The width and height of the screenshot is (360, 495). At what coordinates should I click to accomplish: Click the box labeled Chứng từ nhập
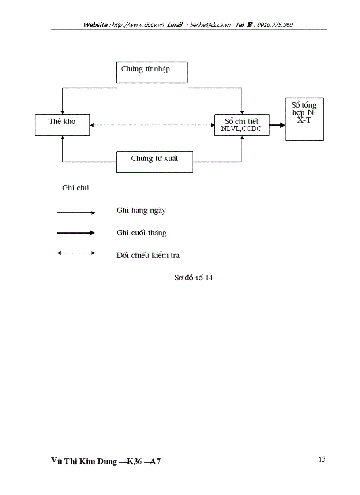(x=152, y=72)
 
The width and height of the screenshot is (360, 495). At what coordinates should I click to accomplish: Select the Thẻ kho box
(x=62, y=125)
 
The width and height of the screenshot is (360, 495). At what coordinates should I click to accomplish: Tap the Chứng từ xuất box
(x=154, y=162)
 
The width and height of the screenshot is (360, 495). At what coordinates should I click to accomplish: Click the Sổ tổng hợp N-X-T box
(x=304, y=119)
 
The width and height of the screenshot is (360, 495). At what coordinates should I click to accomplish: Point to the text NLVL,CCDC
(x=241, y=130)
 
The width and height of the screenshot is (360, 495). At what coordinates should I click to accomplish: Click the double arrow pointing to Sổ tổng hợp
(x=277, y=125)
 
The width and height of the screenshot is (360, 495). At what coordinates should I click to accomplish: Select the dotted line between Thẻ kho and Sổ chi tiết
(x=152, y=125)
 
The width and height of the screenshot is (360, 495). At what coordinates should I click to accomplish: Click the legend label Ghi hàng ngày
(x=141, y=211)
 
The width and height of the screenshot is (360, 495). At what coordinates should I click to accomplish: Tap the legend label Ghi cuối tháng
(x=142, y=233)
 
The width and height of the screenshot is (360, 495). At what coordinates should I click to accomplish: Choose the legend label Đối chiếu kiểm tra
(x=148, y=255)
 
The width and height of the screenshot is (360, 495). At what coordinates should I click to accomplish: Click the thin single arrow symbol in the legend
(x=76, y=213)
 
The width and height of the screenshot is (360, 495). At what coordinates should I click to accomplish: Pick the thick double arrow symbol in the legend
(x=76, y=233)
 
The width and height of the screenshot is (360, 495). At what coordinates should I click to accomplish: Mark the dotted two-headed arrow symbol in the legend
(x=76, y=253)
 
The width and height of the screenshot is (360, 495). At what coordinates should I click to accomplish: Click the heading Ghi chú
(x=75, y=188)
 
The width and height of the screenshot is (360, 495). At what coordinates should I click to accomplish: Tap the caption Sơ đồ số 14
(x=194, y=278)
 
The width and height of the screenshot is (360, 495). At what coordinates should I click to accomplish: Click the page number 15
(x=322, y=459)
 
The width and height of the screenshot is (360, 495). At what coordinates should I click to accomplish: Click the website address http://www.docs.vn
(x=138, y=25)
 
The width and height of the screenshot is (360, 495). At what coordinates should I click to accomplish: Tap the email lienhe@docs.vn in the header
(x=211, y=25)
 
